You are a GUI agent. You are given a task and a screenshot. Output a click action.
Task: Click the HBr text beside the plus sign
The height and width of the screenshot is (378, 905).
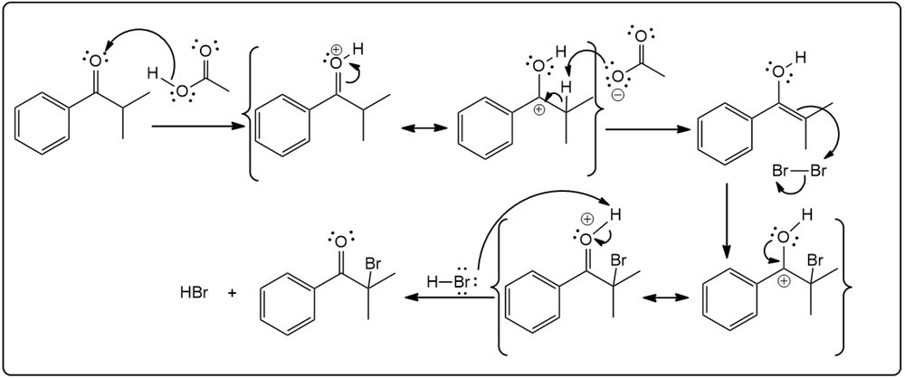coord(193,293)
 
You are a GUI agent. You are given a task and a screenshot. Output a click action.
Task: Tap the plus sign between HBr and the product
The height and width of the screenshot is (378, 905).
coord(232,293)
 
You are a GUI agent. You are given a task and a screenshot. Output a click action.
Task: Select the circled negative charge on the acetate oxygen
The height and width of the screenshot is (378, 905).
coord(617,96)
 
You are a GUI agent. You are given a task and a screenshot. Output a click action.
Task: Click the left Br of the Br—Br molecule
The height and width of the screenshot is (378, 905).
coord(781,172)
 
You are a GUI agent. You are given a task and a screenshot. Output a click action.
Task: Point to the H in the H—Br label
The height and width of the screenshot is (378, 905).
coord(432,283)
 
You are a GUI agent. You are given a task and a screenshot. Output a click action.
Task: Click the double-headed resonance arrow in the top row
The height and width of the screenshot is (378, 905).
coord(424,128)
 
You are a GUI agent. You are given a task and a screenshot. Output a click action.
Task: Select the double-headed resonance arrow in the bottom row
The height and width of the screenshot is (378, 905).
coord(666,298)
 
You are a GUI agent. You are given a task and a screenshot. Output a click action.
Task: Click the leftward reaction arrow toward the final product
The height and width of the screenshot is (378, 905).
coord(449,298)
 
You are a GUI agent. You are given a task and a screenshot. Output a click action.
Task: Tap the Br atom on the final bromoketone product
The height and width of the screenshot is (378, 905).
coord(374,264)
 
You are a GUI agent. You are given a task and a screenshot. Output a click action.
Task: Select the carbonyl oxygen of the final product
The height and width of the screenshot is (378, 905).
coord(340,241)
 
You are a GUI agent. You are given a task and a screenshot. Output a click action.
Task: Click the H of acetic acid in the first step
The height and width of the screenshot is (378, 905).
coord(152,72)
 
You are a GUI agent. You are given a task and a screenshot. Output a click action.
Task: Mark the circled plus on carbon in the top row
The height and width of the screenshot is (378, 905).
coord(539,109)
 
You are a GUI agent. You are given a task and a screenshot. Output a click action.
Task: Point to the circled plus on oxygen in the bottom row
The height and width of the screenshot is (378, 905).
coord(586,220)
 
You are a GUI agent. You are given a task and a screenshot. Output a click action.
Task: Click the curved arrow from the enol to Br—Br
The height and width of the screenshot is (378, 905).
coord(829,131)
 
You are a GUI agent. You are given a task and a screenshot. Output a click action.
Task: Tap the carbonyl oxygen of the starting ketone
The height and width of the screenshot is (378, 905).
coord(95,60)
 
